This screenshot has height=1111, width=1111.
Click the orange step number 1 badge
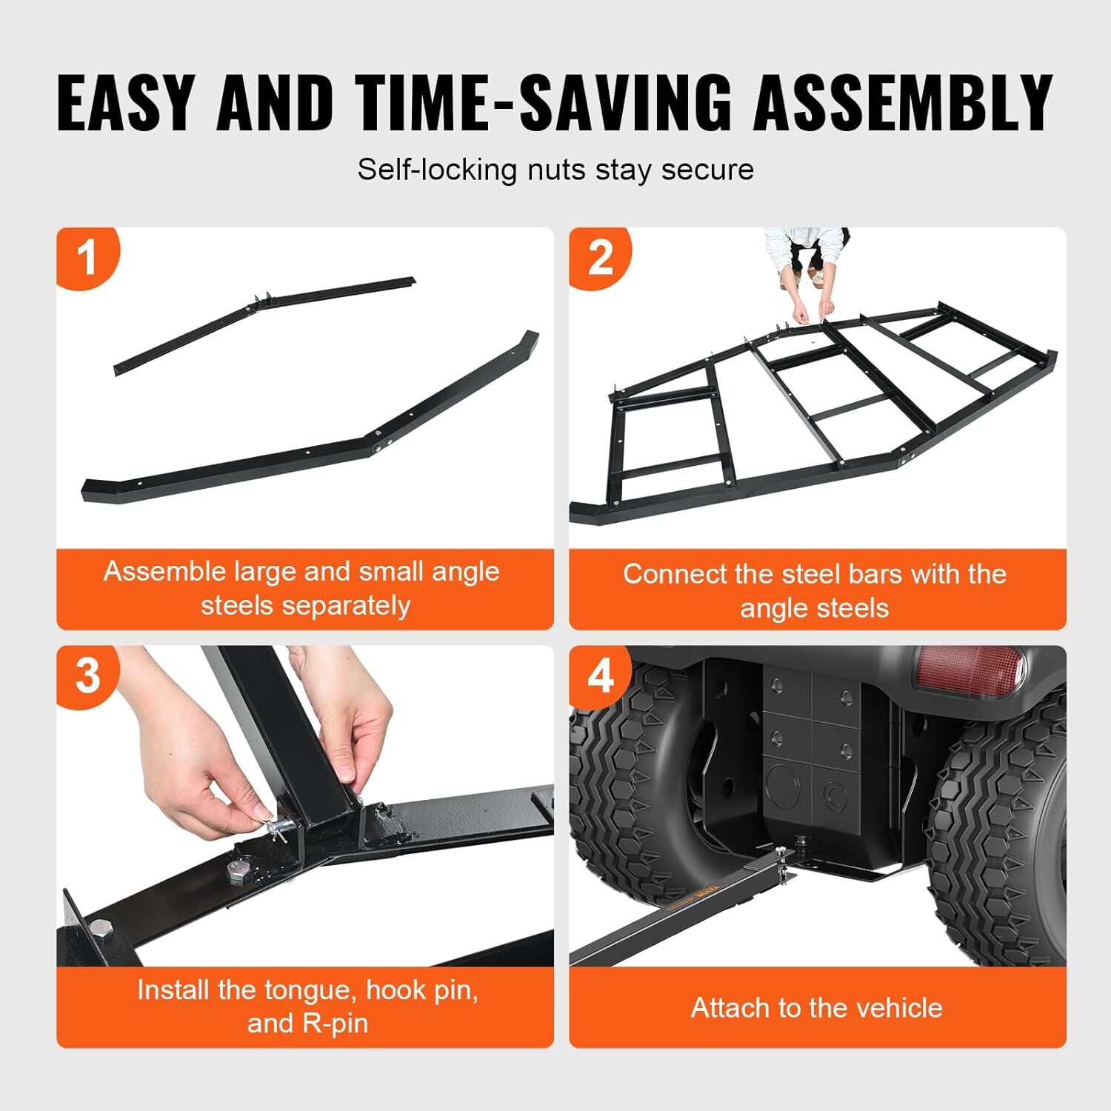[x=87, y=257]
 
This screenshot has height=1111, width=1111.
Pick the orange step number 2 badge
[x=600, y=257]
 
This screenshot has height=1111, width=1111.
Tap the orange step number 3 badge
[x=87, y=675]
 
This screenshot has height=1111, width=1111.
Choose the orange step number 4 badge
[x=600, y=675]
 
